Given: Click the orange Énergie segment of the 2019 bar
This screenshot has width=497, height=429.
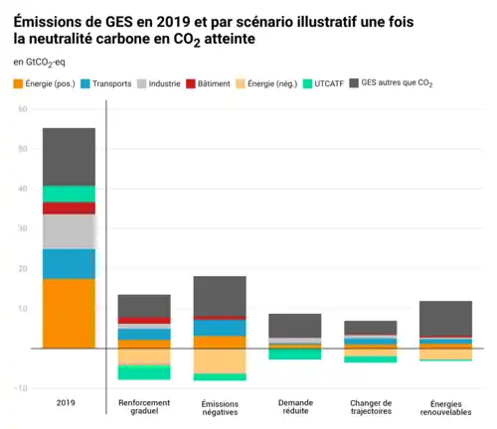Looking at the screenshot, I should click(69, 313).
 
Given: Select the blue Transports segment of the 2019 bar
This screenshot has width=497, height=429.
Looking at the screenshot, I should click(69, 263).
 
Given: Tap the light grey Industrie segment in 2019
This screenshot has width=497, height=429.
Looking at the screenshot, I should click(69, 231).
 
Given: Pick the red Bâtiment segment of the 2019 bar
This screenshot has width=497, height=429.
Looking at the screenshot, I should click(69, 208).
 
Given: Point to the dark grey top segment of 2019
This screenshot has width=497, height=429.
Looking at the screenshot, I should click(69, 156).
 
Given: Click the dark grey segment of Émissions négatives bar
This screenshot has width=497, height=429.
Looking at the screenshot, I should click(220, 296).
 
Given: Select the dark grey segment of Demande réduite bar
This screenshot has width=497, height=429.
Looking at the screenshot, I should click(295, 326).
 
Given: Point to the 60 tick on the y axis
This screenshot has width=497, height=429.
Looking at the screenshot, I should click(21, 109).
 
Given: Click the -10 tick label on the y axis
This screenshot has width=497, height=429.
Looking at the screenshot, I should click(19, 388).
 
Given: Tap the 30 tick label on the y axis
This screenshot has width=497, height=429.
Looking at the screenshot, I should click(21, 228).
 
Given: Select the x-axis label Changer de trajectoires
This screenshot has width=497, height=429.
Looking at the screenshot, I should click(370, 409).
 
